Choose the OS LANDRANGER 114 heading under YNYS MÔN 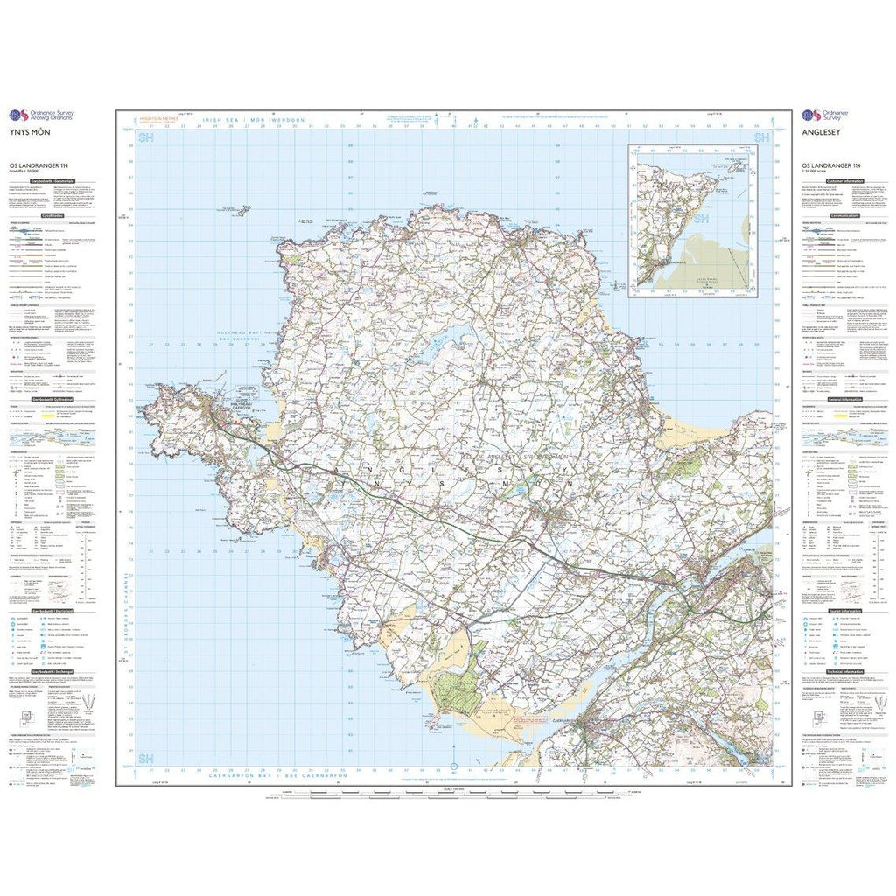38,165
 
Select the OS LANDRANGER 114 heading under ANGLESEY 827,165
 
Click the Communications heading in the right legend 845,213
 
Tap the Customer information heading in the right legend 845,180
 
